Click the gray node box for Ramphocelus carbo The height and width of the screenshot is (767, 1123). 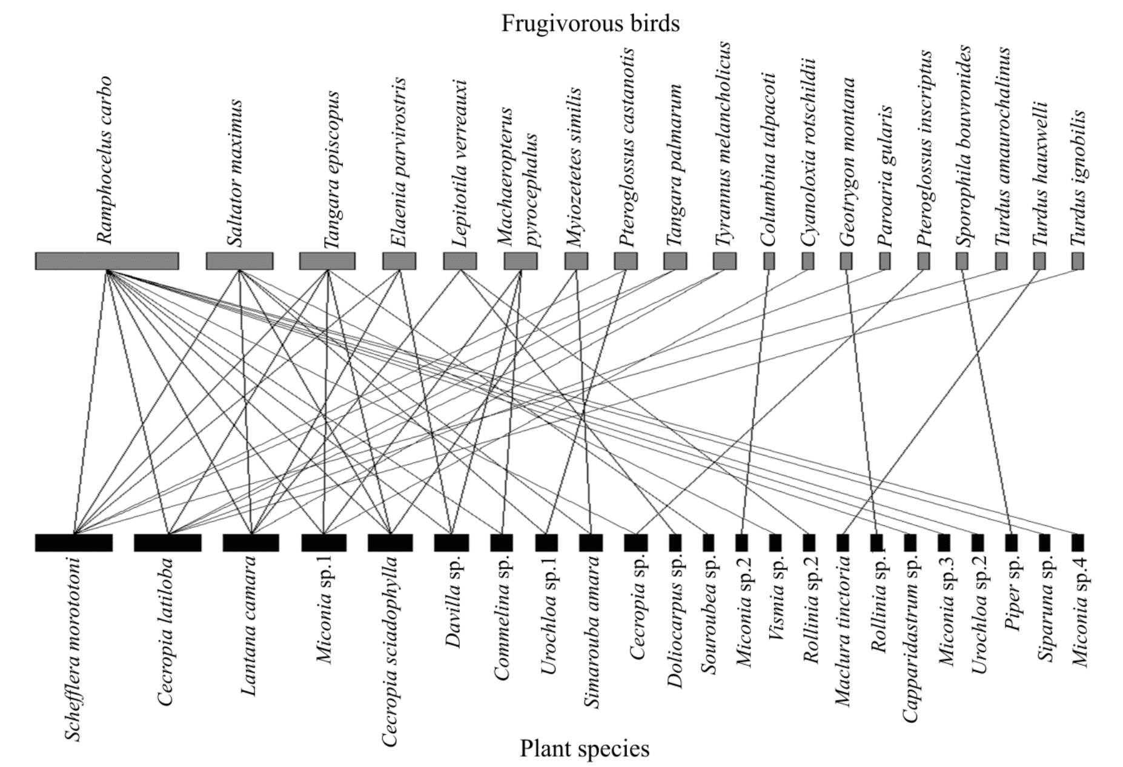click(x=107, y=261)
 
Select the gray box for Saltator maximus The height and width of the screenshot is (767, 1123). click(x=239, y=261)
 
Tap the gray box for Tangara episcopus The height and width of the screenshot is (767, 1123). click(x=327, y=261)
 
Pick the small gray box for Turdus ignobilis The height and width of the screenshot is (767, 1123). click(x=1078, y=261)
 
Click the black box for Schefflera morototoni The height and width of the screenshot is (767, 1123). click(x=74, y=542)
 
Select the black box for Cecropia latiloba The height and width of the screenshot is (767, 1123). click(x=168, y=542)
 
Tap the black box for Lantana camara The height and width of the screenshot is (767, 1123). click(x=251, y=542)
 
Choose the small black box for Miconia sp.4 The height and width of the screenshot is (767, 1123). click(x=1078, y=542)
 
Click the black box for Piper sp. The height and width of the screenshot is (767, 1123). click(x=1011, y=542)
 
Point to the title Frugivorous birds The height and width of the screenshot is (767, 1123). click(x=590, y=23)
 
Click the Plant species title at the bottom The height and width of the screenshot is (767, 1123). click(x=585, y=748)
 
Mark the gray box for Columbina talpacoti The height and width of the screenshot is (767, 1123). click(x=769, y=261)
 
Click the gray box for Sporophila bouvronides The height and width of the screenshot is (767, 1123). click(x=962, y=261)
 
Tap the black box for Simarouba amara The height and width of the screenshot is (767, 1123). click(x=591, y=542)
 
